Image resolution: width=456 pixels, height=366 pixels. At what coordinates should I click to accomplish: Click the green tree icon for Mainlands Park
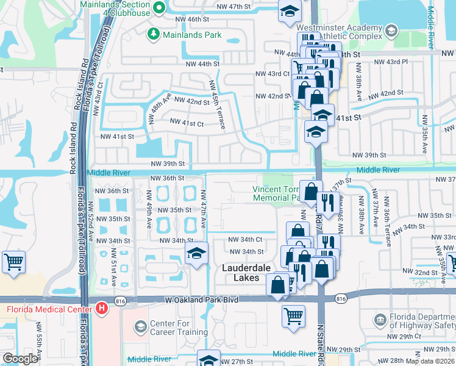click(x=154, y=35)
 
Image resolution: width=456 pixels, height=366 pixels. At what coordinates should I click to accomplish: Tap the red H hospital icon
click(x=101, y=309)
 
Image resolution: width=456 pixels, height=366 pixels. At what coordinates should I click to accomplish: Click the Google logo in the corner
click(x=20, y=359)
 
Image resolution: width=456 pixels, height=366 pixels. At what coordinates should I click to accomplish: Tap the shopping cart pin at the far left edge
click(x=13, y=262)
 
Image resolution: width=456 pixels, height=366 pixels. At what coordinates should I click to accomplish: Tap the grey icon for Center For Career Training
click(x=140, y=328)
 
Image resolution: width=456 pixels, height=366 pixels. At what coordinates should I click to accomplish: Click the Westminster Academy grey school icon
click(x=390, y=31)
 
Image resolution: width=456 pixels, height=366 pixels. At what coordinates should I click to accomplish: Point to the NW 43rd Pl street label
click(x=390, y=62)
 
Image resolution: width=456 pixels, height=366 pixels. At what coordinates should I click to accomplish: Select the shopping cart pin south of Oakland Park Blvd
click(x=294, y=317)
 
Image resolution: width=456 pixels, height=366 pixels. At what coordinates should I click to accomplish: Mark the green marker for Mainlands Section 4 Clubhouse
click(x=160, y=9)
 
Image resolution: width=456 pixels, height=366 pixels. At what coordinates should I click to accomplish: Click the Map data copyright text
click(x=430, y=361)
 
